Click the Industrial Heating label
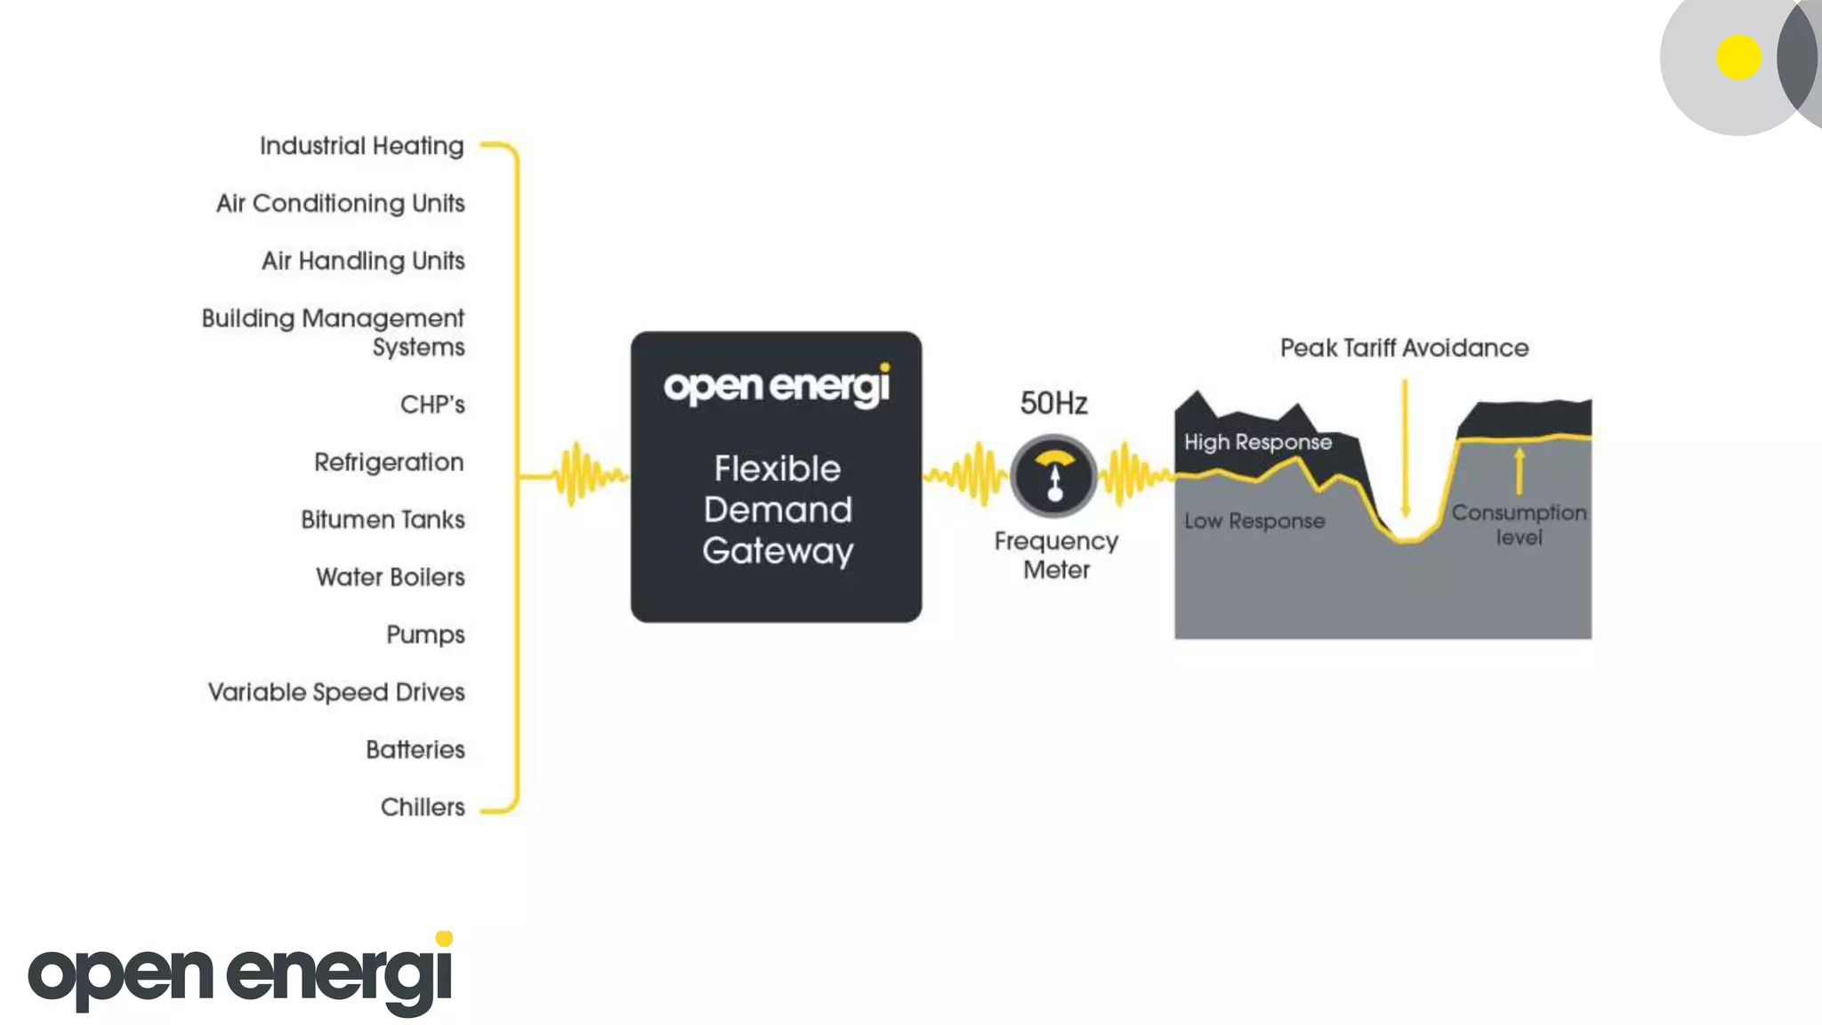click(361, 146)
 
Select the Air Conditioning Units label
click(340, 204)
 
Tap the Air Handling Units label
click(363, 261)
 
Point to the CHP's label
click(432, 405)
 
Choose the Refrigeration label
click(389, 463)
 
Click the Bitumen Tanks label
click(383, 520)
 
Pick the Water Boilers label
click(390, 577)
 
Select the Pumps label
click(425, 635)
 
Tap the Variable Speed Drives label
click(336, 692)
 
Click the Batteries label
click(415, 750)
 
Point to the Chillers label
click(423, 807)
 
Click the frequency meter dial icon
click(1054, 476)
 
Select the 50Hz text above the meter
click(1053, 404)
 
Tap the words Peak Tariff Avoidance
click(1404, 348)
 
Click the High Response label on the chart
click(1257, 442)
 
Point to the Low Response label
click(1254, 521)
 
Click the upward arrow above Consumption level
click(1519, 471)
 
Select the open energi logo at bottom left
click(241, 973)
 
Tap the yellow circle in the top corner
click(1738, 58)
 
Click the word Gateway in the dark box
click(778, 552)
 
